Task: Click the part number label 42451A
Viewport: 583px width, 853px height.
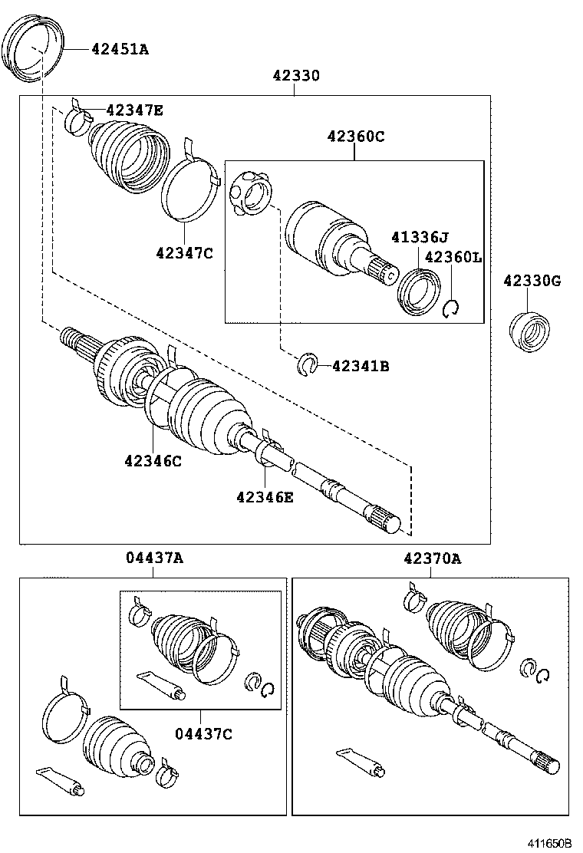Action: pyautogui.click(x=120, y=50)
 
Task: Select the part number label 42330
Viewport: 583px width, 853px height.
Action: pyautogui.click(x=295, y=76)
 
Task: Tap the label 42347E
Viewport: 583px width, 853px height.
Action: pyautogui.click(x=134, y=110)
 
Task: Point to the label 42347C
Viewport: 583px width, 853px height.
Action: pyautogui.click(x=184, y=252)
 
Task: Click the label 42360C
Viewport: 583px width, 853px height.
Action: pyautogui.click(x=355, y=137)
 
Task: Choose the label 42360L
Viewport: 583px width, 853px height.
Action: pyautogui.click(x=453, y=257)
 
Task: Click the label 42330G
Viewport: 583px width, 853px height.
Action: pyautogui.click(x=532, y=282)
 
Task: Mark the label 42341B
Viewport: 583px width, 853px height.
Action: pyautogui.click(x=361, y=367)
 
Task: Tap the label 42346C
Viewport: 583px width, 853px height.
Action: pyautogui.click(x=153, y=460)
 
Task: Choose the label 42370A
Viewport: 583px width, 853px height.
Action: pyautogui.click(x=432, y=558)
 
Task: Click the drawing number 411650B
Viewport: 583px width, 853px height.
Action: pyautogui.click(x=548, y=842)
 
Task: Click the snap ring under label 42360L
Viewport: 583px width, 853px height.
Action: pyautogui.click(x=451, y=308)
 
